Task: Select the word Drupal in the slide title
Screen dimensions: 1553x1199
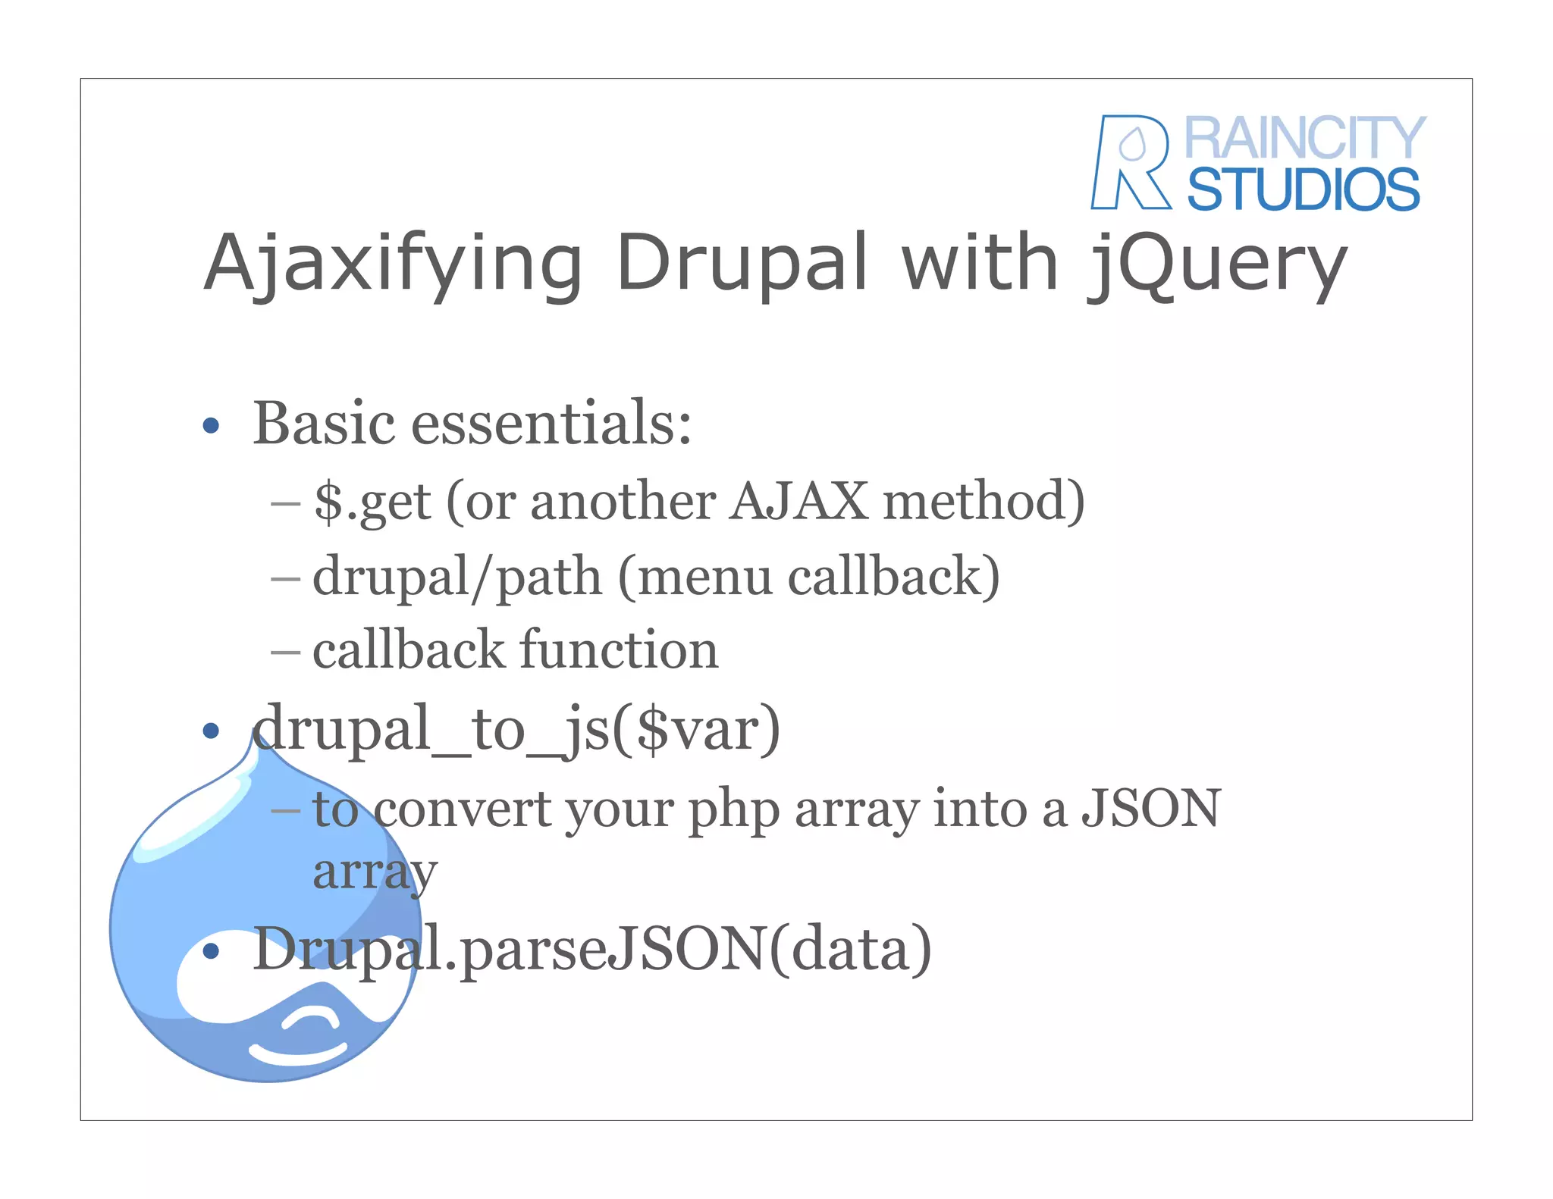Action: coord(742,262)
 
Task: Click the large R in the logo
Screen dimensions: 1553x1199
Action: coord(1130,162)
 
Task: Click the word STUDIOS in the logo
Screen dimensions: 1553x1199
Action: coord(1303,189)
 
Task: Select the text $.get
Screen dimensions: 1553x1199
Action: coord(372,502)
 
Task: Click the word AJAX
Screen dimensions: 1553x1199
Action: coord(798,501)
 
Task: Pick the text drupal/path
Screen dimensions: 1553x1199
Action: coord(457,577)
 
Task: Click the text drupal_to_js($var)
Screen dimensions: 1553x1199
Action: coord(516,729)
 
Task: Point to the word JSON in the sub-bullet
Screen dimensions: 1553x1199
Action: coord(1150,808)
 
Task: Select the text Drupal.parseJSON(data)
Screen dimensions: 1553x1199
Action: coord(591,949)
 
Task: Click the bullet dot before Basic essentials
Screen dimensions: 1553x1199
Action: coord(211,425)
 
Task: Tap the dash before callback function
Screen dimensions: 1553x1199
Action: coord(285,651)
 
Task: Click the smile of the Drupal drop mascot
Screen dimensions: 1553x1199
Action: coord(297,1054)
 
